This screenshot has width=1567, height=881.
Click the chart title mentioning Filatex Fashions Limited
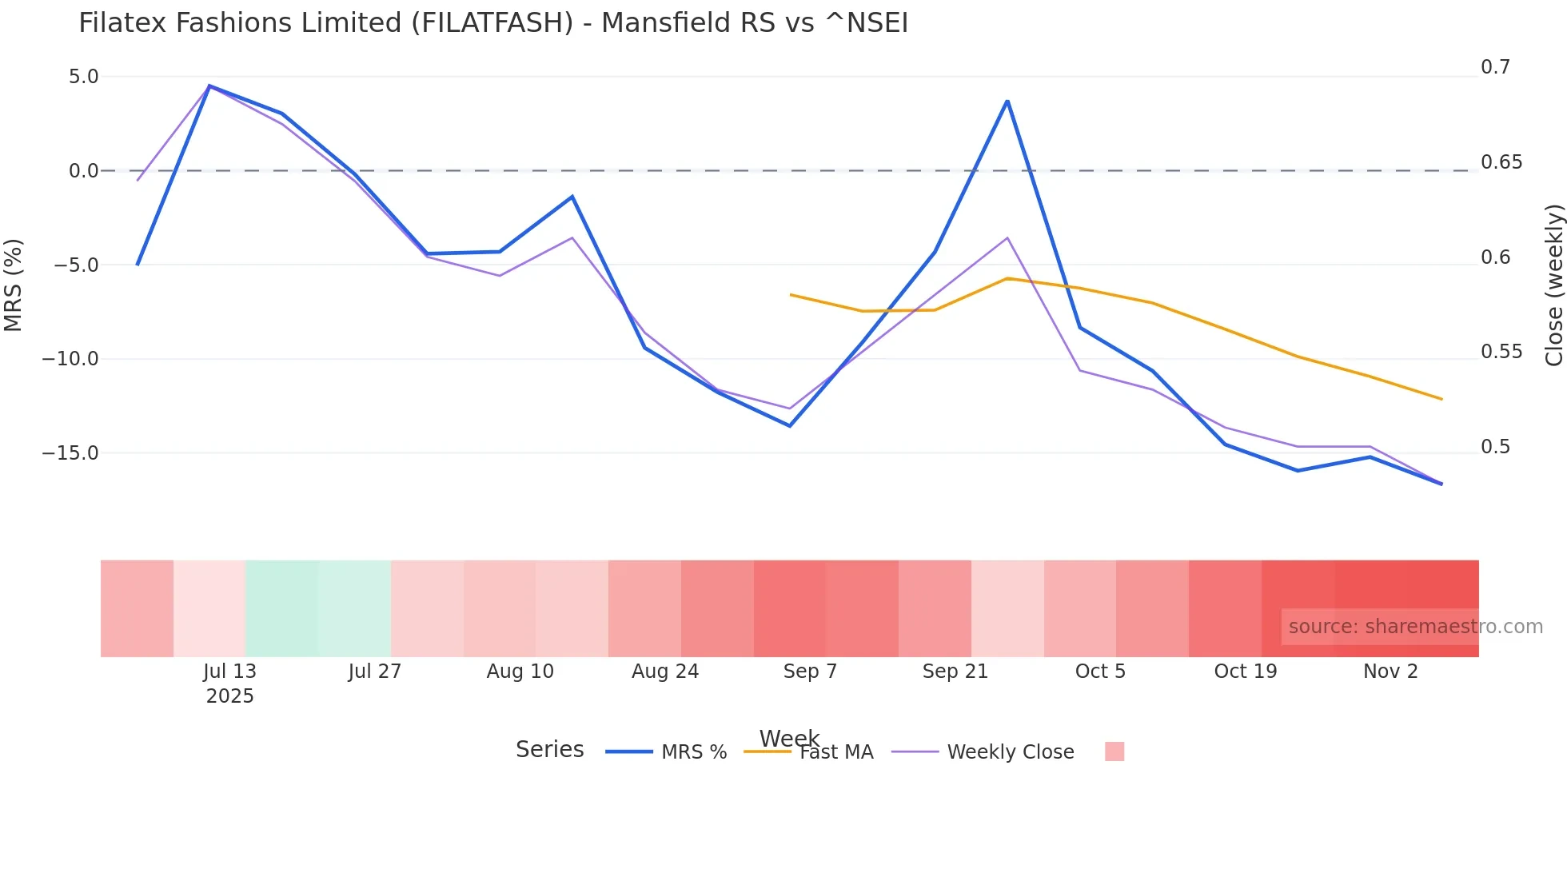click(x=493, y=23)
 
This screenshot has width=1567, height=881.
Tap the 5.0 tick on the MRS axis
click(x=83, y=77)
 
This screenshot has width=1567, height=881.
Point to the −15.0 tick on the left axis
click(x=70, y=453)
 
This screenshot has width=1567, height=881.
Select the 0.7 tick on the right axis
click(x=1495, y=67)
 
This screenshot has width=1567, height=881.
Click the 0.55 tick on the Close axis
click(x=1501, y=352)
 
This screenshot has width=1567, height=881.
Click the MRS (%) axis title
click(x=14, y=285)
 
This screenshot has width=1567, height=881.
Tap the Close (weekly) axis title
click(x=1553, y=285)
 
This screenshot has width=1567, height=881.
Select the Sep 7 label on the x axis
click(x=810, y=672)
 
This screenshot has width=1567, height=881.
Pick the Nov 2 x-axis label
click(x=1390, y=672)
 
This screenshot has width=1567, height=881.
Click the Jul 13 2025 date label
click(x=229, y=683)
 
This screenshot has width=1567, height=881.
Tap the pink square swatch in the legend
click(x=1114, y=751)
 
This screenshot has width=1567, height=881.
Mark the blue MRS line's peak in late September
click(x=1007, y=101)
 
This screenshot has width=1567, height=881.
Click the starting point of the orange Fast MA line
click(x=791, y=295)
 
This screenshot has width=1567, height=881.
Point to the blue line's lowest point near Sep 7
click(x=790, y=425)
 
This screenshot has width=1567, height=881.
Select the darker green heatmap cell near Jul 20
click(x=282, y=608)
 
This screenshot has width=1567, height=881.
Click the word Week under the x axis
click(x=789, y=737)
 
